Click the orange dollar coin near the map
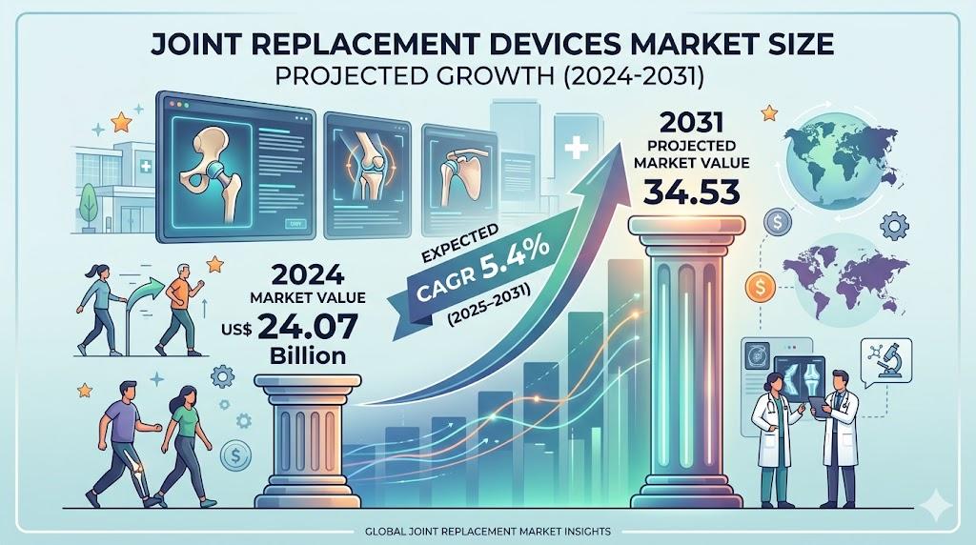pyautogui.click(x=762, y=284)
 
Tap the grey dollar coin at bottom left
pyautogui.click(x=234, y=458)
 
